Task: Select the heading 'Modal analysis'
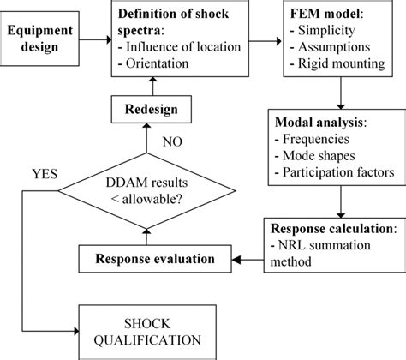321,121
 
